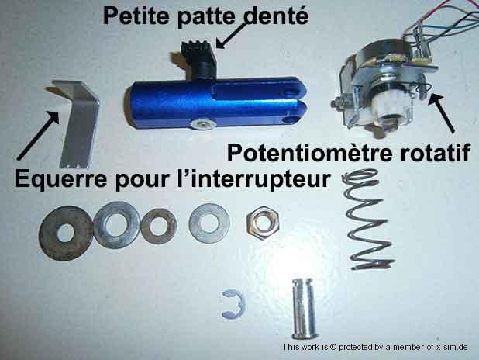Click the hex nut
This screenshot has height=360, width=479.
click(263, 223)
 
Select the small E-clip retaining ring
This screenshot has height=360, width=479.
click(233, 304)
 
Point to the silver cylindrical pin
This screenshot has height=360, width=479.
click(304, 308)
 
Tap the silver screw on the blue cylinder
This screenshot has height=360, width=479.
click(202, 123)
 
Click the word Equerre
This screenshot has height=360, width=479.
click(60, 179)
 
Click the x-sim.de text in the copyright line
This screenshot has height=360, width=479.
click(452, 347)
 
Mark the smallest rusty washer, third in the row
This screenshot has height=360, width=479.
click(159, 227)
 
